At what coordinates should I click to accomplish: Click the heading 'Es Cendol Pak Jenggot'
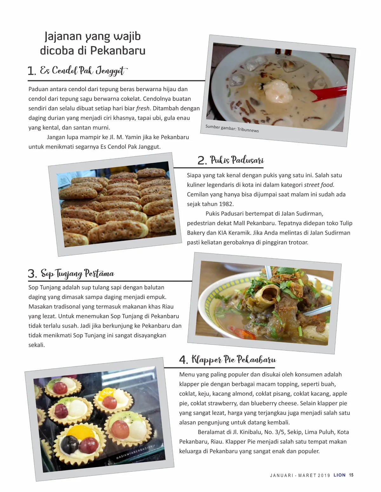pos(84,71)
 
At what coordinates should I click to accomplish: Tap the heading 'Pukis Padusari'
pos(237,160)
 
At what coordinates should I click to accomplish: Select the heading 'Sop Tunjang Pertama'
pos(77,273)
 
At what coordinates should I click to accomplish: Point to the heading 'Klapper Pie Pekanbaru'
pos(234,359)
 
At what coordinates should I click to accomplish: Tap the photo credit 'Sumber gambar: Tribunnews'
pos(232,128)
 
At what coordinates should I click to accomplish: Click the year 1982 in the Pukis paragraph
pos(226,204)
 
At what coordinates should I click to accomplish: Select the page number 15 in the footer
pos(351,475)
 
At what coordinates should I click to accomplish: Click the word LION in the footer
pos(339,475)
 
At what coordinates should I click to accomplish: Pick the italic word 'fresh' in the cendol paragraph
pos(143,108)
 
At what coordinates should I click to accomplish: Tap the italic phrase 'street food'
pos(319,185)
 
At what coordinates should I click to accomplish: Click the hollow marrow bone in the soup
pos(267,295)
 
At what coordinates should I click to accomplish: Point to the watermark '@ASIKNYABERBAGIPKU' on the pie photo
pos(135,451)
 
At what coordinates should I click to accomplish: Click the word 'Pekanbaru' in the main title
pos(118,50)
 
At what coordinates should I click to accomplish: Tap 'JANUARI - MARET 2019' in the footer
pos(300,475)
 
